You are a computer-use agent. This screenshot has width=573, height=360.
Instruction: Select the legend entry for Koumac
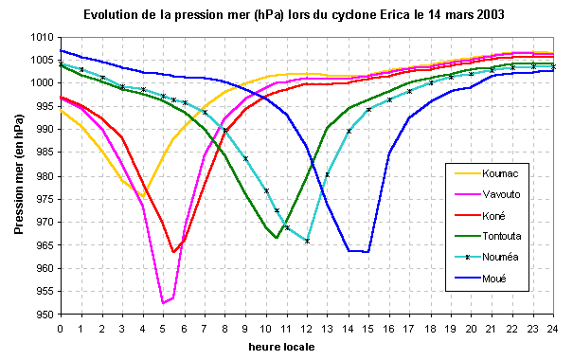[x=499, y=174]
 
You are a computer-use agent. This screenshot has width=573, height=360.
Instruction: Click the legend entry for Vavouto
[x=500, y=194]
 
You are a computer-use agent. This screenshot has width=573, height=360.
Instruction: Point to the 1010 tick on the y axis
[x=42, y=37]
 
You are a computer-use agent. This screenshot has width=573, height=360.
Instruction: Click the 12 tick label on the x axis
[x=307, y=328]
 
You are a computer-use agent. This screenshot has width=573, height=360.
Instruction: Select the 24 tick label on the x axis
[x=553, y=328]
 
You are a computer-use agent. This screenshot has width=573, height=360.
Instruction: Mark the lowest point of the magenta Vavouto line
[x=163, y=303]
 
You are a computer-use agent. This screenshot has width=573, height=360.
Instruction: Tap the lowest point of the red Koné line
[x=173, y=251]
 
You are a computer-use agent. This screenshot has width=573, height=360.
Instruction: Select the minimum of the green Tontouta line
[x=277, y=238]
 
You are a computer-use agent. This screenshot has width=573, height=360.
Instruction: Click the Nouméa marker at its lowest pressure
[x=307, y=241]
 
